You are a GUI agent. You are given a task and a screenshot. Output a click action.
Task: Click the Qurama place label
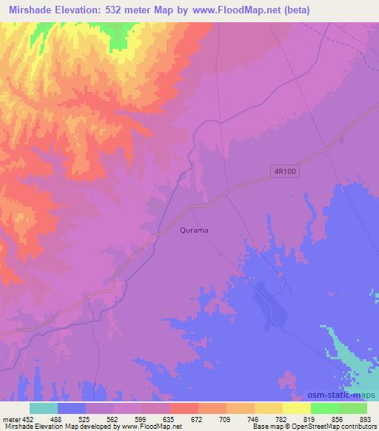click(194, 230)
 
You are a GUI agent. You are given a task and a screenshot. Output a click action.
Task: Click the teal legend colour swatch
click(44, 407)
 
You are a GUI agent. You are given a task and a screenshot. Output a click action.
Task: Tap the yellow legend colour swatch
click(296, 407)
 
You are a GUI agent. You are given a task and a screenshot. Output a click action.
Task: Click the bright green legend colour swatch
click(324, 407)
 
